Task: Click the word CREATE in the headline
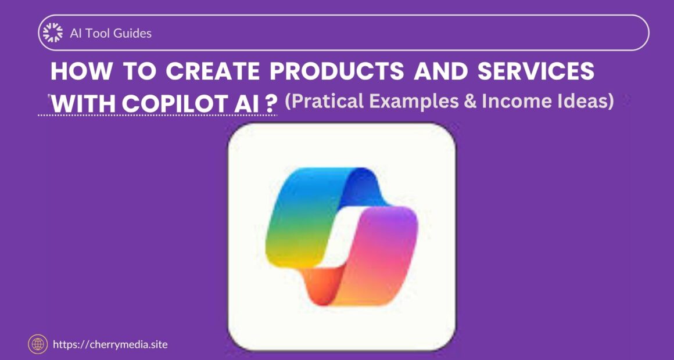pos(212,71)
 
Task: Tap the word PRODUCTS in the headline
pos(337,71)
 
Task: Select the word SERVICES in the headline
pos(536,71)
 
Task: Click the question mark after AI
pos(269,105)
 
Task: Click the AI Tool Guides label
pos(110,33)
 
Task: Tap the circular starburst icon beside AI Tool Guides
pos(53,33)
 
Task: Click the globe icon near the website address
pos(38,344)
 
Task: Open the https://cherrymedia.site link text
pos(110,344)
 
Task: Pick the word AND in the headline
pos(440,71)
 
